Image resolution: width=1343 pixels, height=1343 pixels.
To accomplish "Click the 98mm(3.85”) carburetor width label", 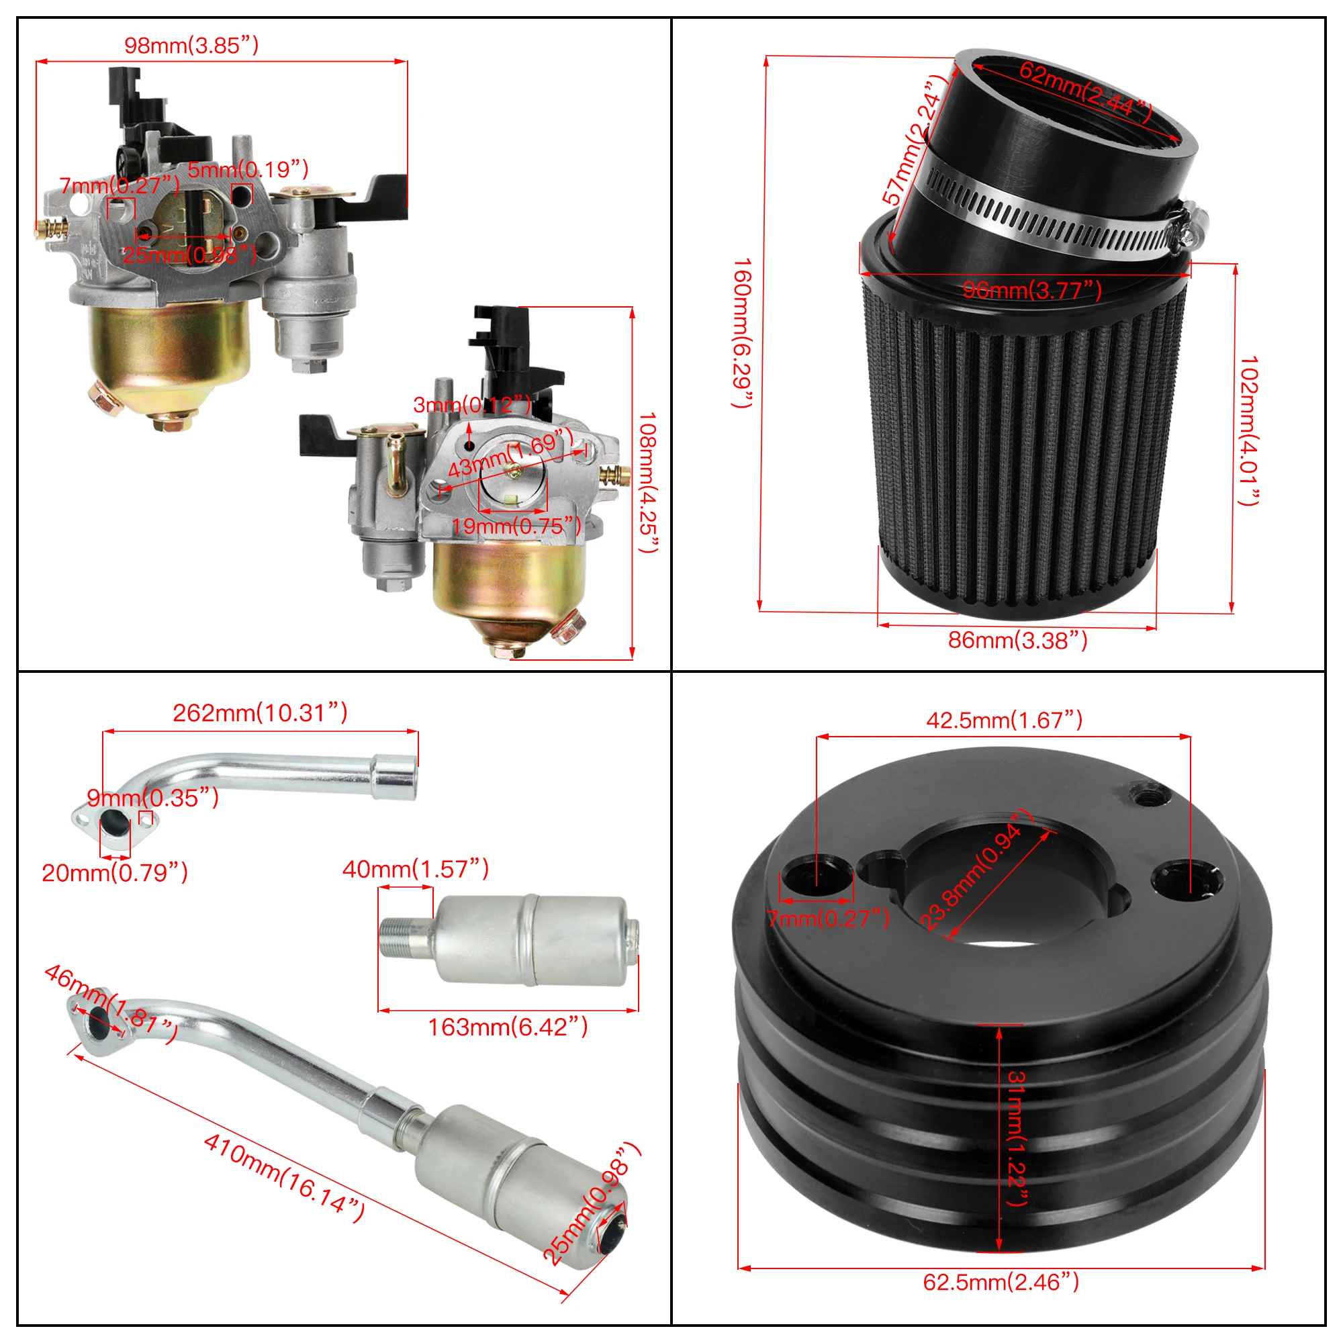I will [x=191, y=46].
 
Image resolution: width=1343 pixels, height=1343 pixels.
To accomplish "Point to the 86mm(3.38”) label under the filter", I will [x=1017, y=640].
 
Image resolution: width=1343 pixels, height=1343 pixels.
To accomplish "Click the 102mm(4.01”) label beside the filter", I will [x=1249, y=430].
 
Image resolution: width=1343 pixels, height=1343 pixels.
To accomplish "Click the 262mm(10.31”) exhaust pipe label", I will [x=260, y=713].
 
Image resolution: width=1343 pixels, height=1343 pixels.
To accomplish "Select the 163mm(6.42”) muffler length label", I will [x=508, y=1027].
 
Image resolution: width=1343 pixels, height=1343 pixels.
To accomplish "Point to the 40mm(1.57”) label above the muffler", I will [x=416, y=869].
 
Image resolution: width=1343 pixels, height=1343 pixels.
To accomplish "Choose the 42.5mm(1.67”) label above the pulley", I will [x=1004, y=720].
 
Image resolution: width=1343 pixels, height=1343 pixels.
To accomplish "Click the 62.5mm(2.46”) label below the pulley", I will [x=1001, y=1282].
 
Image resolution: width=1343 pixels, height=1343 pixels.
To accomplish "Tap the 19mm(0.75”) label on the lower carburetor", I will [x=516, y=526].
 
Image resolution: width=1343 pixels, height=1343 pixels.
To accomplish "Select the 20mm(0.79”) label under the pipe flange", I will [x=115, y=872].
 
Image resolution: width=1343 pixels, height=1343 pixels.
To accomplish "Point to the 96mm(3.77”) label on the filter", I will [x=1031, y=290].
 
